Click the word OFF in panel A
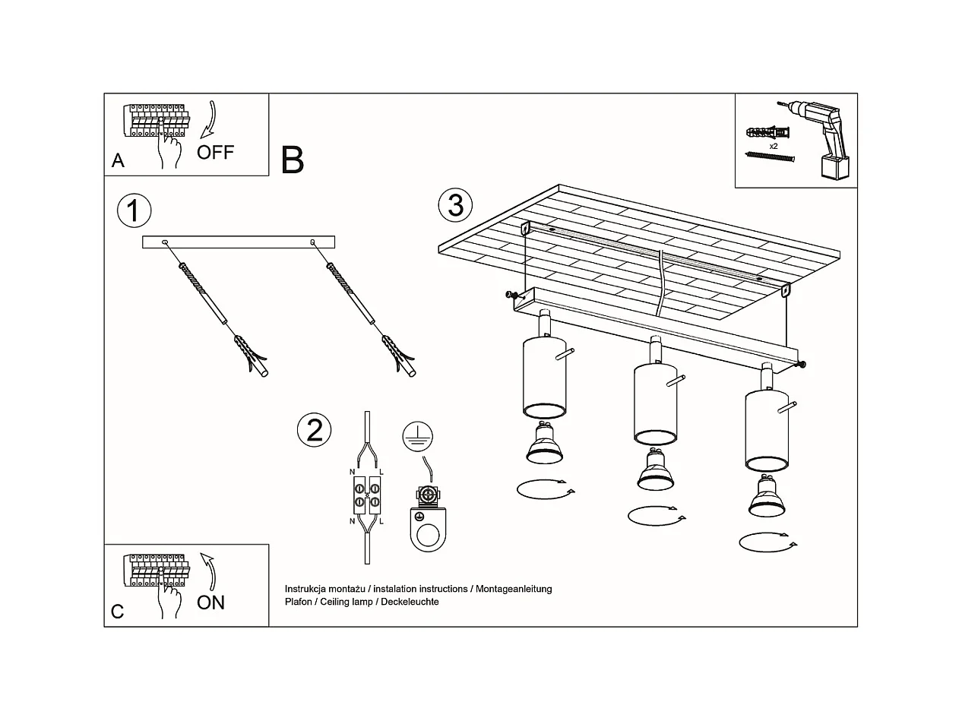[215, 152]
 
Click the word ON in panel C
[210, 602]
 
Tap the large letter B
[293, 160]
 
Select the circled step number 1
[134, 210]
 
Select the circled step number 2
[314, 430]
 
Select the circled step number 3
[455, 205]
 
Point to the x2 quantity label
[773, 145]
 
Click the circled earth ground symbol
[416, 435]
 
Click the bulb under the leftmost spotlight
[544, 444]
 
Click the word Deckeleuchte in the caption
[411, 602]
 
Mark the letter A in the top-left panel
[118, 160]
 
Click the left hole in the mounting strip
[165, 242]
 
